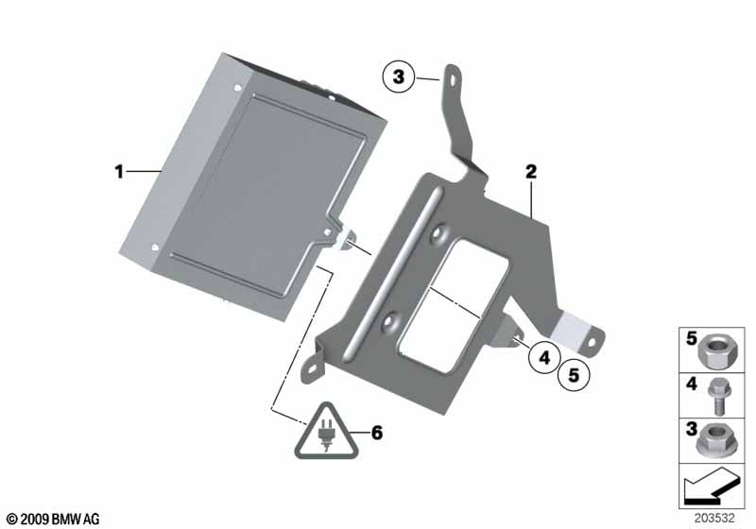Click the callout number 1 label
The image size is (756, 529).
point(119,172)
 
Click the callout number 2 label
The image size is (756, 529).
point(531,172)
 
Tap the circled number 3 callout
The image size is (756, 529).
point(398,77)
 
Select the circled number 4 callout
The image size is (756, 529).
point(544,357)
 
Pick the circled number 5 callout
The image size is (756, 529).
point(574,374)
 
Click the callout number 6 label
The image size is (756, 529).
point(376,433)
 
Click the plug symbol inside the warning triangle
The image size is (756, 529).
point(326,435)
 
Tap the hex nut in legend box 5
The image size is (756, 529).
point(713,351)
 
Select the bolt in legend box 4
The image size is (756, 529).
point(716,396)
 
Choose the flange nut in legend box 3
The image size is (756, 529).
point(713,441)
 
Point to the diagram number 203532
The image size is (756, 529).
point(714,518)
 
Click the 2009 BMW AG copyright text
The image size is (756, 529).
point(53,519)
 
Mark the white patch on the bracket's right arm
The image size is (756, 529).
point(570,327)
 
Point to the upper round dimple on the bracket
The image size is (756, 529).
point(439,234)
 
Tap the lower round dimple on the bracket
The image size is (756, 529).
point(388,321)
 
